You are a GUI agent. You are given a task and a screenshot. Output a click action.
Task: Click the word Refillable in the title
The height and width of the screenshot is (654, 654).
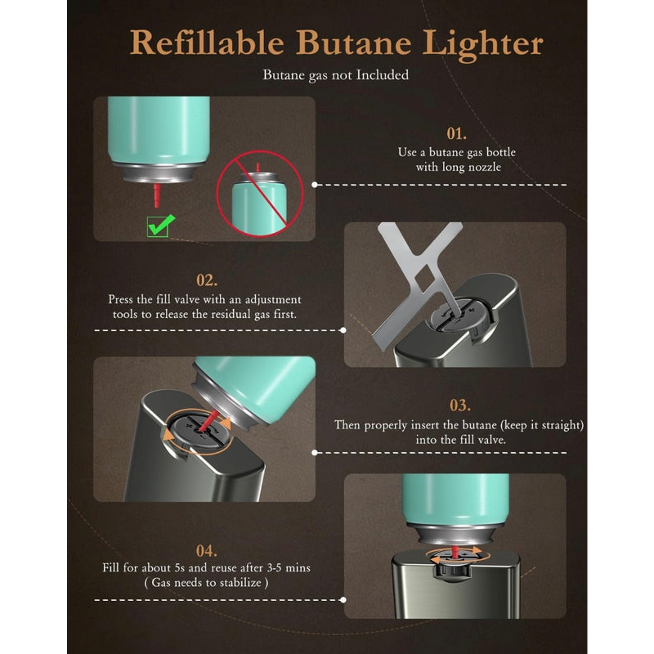coord(207,43)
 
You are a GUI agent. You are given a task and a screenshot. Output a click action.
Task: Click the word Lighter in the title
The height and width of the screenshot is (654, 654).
coord(482,45)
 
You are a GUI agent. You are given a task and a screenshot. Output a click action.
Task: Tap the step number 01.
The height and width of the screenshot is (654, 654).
coord(456,134)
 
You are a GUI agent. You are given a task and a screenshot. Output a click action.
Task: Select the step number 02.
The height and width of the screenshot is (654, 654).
coord(207,280)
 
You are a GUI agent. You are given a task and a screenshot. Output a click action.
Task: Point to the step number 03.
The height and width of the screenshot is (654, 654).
coord(459,405)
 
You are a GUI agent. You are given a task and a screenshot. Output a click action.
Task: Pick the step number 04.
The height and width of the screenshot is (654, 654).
coord(207,551)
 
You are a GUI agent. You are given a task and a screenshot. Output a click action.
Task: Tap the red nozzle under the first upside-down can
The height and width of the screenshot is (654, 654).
coord(157,195)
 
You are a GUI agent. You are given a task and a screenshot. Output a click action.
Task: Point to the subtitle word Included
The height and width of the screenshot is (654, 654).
coord(383,75)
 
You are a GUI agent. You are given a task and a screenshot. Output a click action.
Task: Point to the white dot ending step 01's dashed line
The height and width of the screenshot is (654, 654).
coord(315,185)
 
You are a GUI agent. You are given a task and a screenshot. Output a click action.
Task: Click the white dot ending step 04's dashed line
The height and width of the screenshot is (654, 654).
coord(343,600)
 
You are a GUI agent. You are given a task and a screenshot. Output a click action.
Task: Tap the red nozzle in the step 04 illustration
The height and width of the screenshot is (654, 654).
coord(455,551)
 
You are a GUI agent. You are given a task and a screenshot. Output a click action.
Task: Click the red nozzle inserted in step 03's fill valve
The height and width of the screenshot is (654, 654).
coord(208,420)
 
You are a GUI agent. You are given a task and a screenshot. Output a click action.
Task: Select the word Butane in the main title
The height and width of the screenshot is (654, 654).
coord(353,43)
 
